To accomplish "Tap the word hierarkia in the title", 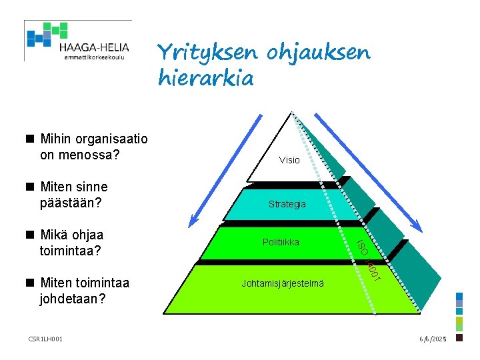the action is (x=206, y=79).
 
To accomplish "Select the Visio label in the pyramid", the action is (x=289, y=160).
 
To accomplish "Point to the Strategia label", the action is (x=287, y=204).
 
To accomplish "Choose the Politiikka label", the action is (x=281, y=242).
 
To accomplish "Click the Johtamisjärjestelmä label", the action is (x=283, y=283).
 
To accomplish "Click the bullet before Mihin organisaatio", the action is (x=30, y=139).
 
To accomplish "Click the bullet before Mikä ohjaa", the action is (x=30, y=235).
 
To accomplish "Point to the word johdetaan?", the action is (x=73, y=299).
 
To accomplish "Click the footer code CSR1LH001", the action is (x=46, y=339).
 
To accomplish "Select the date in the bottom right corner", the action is (x=432, y=339).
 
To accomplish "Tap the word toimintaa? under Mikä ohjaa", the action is (x=71, y=251).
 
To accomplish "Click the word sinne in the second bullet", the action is (x=91, y=187).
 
